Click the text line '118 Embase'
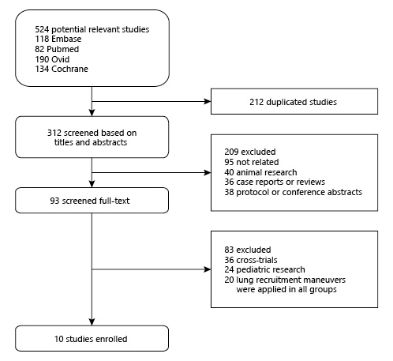pos(58,39)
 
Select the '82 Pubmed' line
pos(57,49)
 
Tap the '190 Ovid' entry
pos(52,59)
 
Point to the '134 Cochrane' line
pos(62,69)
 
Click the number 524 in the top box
pos(42,29)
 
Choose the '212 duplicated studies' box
pos(294,101)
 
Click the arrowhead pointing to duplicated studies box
pos(208,101)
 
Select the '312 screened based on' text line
pos(92,133)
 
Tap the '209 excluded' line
pos(250,152)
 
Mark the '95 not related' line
pos(252,162)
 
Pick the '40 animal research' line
pos(260,172)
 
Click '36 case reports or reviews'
pos(275,182)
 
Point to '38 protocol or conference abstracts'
pos(293,192)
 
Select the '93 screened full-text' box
pos(92,201)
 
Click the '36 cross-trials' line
pos(251,260)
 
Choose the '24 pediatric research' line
pos(264,269)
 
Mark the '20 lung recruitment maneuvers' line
pos(285,280)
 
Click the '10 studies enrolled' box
pos(92,338)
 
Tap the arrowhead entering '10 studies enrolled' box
pos(92,322)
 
